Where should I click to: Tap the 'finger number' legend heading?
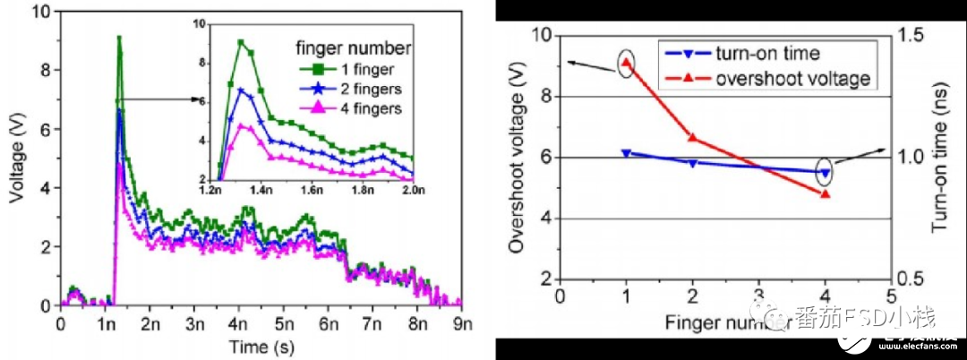click(354, 46)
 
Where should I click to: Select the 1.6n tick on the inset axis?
click(312, 190)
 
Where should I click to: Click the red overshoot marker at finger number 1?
click(626, 63)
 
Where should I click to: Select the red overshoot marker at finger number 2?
click(692, 137)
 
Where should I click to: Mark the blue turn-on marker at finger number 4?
click(825, 173)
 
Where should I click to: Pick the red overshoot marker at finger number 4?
click(825, 193)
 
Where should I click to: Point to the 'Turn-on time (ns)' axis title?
click(938, 158)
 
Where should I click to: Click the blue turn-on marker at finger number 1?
click(626, 153)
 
